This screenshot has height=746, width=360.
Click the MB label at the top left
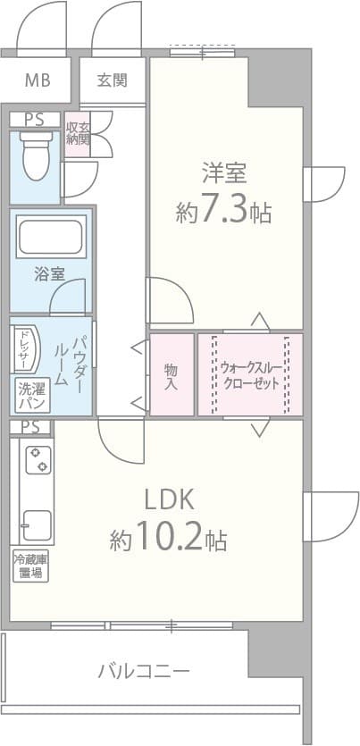(x=37, y=81)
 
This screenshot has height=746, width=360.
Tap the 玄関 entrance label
(x=113, y=80)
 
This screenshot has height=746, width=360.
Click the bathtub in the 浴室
(x=50, y=239)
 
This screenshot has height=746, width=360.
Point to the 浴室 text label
(x=49, y=274)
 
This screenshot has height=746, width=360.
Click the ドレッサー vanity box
(x=21, y=348)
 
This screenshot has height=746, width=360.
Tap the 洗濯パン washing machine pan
(x=30, y=396)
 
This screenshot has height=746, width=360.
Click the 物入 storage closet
(x=171, y=374)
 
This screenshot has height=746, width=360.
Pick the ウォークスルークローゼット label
(x=250, y=374)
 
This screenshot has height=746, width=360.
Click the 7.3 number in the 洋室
(x=222, y=213)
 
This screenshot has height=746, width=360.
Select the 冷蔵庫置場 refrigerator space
(x=29, y=566)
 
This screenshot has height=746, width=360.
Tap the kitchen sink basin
(x=37, y=524)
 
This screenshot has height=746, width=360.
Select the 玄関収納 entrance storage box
(x=78, y=134)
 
